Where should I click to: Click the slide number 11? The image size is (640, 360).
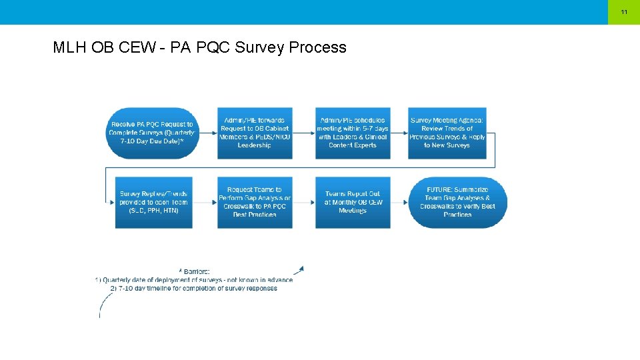[624, 12]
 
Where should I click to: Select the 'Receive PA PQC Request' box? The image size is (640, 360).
[152, 133]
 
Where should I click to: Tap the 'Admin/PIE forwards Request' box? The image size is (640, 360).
[255, 133]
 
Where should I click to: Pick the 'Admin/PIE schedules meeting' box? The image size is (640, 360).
[353, 133]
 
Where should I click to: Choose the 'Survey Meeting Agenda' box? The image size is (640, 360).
[447, 133]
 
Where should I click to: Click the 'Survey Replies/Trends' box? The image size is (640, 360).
[153, 202]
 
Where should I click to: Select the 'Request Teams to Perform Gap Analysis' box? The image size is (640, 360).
[255, 202]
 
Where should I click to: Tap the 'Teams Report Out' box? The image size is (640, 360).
[353, 202]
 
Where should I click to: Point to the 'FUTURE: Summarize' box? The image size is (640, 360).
[457, 202]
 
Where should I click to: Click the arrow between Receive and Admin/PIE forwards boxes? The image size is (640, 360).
[206, 133]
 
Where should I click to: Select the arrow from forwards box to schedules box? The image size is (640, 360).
[304, 133]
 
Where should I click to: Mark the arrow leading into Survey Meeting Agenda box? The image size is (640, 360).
[399, 133]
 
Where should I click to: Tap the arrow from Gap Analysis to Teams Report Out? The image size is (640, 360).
[304, 203]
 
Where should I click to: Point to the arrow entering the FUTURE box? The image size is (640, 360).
[399, 203]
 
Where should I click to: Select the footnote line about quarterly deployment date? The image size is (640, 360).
[194, 280]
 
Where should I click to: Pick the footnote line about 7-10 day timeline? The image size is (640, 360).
[194, 289]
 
